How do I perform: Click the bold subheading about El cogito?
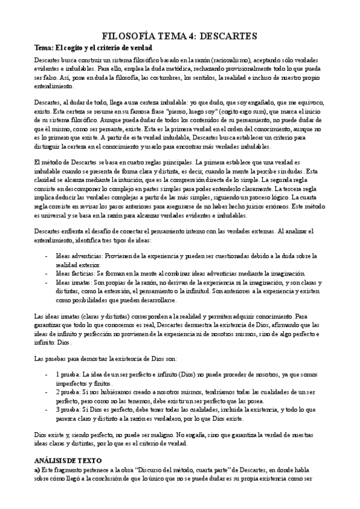tap(93, 47)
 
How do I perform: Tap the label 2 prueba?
tap(66, 392)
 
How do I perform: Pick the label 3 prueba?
tap(66, 409)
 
